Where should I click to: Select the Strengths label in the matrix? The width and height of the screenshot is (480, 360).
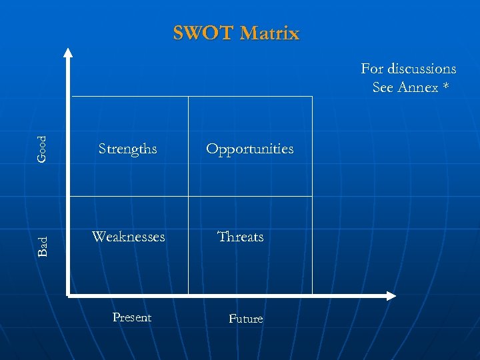pyautogui.click(x=128, y=149)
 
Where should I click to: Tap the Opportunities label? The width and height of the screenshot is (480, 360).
pyautogui.click(x=249, y=149)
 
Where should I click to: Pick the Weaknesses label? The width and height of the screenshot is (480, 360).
pyautogui.click(x=129, y=237)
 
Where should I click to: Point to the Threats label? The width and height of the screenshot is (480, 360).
pyautogui.click(x=241, y=237)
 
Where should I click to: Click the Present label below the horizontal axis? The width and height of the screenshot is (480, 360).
pyautogui.click(x=132, y=317)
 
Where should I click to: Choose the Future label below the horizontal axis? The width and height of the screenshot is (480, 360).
pyautogui.click(x=246, y=319)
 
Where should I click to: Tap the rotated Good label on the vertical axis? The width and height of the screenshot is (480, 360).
pyautogui.click(x=42, y=149)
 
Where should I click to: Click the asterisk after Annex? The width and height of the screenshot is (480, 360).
pyautogui.click(x=445, y=87)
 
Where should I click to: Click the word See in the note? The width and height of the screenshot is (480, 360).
pyautogui.click(x=383, y=87)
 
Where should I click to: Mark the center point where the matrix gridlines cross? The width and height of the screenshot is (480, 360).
pyautogui.click(x=189, y=196)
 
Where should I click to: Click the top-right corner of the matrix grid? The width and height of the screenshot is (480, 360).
pyautogui.click(x=312, y=97)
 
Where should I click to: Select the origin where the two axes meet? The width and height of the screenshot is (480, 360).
pyautogui.click(x=68, y=295)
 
